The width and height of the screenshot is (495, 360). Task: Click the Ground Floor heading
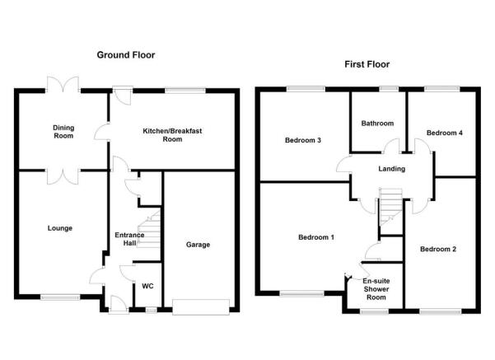click(x=126, y=55)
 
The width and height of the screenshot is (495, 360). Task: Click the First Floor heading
click(x=367, y=64)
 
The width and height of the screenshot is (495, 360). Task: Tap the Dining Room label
click(x=63, y=132)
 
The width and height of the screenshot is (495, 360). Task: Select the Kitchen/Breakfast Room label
click(x=172, y=135)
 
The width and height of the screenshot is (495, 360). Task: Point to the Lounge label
click(x=60, y=228)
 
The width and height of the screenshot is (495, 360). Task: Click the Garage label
click(x=198, y=245)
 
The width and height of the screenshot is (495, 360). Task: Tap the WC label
click(x=147, y=286)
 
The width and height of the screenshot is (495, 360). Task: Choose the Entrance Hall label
click(x=129, y=239)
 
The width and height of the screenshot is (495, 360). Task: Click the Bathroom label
click(x=377, y=124)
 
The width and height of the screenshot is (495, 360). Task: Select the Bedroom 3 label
click(x=303, y=140)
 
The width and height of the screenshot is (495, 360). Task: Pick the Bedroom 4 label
click(x=445, y=133)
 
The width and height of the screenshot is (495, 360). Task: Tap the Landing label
click(x=392, y=169)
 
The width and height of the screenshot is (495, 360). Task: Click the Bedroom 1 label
click(x=316, y=237)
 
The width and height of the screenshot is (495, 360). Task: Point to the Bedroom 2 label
click(x=438, y=249)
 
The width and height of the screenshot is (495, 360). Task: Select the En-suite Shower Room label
click(x=376, y=289)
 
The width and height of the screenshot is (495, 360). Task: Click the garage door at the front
click(x=201, y=307)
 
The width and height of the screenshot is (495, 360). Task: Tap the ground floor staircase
click(x=149, y=229)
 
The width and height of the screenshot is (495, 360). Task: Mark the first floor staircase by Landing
click(x=390, y=207)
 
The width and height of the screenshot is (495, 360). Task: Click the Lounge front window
click(x=60, y=297)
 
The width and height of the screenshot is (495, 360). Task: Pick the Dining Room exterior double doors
click(x=63, y=85)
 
